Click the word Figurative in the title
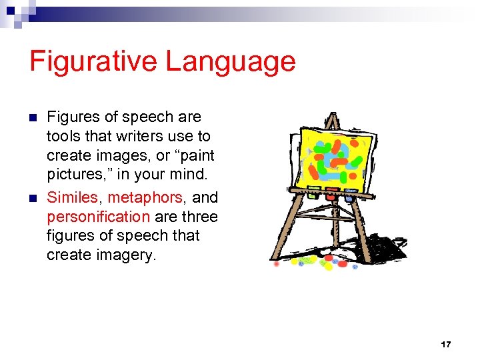pyautogui.click(x=93, y=62)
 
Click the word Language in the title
pyautogui.click(x=230, y=62)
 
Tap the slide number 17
pyautogui.click(x=446, y=344)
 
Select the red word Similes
pyautogui.click(x=72, y=197)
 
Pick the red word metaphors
pyautogui.click(x=145, y=197)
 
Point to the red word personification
pyautogui.click(x=98, y=217)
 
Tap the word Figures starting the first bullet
pyautogui.click(x=73, y=117)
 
